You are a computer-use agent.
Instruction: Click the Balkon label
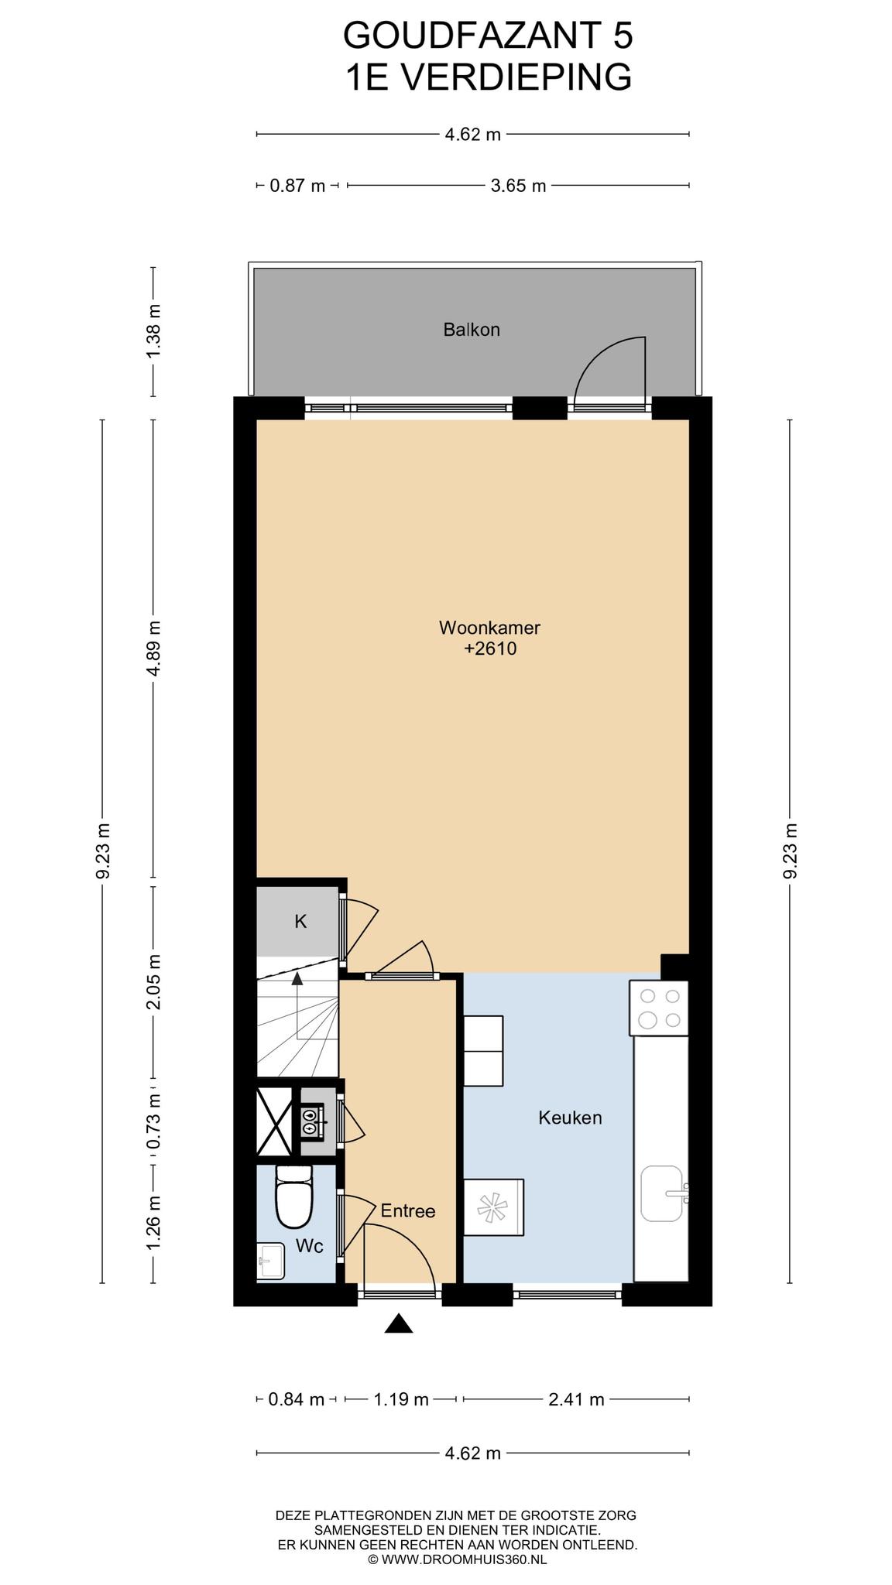(472, 330)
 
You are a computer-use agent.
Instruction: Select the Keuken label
(570, 1118)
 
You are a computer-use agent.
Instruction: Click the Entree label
(408, 1211)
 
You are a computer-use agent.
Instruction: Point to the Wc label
(310, 1246)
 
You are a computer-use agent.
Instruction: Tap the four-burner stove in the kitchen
(659, 1008)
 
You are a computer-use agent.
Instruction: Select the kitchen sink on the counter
(664, 1193)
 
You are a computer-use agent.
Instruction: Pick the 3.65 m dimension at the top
(519, 186)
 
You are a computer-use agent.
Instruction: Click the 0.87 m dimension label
(297, 186)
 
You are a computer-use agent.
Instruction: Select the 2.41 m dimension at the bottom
(576, 1399)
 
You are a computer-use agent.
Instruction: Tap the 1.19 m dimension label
(401, 1399)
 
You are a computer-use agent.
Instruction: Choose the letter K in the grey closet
(300, 922)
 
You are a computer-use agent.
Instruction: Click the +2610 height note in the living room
(490, 649)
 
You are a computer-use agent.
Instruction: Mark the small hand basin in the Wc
(271, 1261)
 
